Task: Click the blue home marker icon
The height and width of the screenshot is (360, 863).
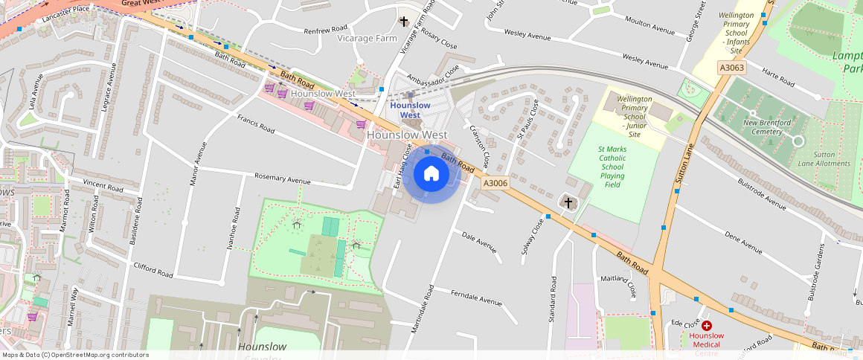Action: pos(431,174)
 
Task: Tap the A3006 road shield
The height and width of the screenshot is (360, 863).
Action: pos(495,183)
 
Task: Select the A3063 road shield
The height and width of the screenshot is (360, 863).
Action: pos(731,68)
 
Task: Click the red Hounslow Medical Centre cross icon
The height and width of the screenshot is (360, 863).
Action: pos(706,326)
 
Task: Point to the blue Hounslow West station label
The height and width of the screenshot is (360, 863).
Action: pos(410,110)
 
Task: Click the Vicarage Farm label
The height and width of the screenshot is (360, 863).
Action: pos(367,38)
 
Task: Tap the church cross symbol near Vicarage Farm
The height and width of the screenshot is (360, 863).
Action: pos(404,22)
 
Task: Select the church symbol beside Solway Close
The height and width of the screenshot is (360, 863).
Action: pos(568,202)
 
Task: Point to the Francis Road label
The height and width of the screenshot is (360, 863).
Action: pos(256,123)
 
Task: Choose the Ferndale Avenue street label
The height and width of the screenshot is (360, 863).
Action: pos(476,298)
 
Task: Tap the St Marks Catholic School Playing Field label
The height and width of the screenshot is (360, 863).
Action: pos(612,167)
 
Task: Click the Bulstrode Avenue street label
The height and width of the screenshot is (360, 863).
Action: pos(761,193)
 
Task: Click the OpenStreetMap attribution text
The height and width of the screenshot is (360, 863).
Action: pos(74,355)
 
